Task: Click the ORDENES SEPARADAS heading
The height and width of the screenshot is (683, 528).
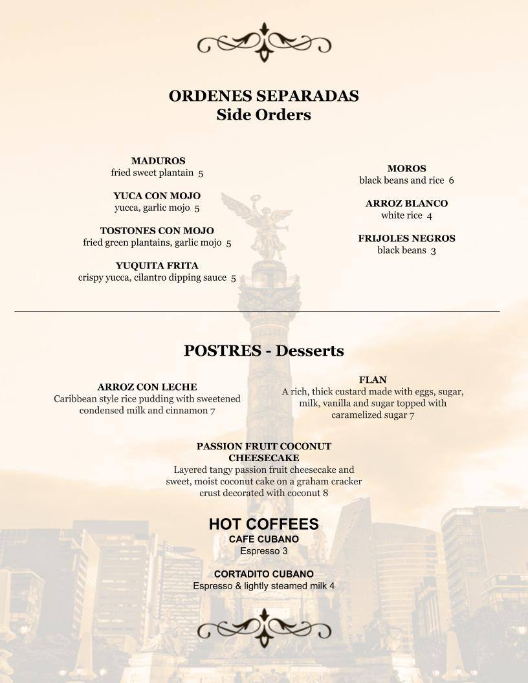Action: pos(263,96)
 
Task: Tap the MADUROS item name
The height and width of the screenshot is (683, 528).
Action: pos(158,161)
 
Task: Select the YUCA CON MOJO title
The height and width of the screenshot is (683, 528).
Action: pos(157,196)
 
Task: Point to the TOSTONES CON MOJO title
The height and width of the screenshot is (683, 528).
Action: pos(157,231)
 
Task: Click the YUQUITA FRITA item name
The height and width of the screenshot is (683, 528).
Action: pos(157,266)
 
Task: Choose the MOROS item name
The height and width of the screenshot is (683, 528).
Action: pos(406,169)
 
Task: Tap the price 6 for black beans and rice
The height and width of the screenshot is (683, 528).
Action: pos(451,180)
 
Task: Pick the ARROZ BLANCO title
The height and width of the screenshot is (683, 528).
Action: pos(406,204)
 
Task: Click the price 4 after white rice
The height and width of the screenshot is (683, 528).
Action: pos(430,215)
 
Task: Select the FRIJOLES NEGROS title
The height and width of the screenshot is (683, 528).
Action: pos(406,239)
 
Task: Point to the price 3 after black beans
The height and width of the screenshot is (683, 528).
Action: pos(433,250)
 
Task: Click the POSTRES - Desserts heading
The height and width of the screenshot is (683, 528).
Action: pos(263,351)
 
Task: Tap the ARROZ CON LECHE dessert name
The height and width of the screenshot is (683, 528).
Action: pos(147,387)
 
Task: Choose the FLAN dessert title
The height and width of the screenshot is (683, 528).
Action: pos(373,380)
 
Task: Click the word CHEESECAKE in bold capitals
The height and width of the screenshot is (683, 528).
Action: pos(263,458)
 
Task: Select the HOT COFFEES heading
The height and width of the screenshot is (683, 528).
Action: pos(263,524)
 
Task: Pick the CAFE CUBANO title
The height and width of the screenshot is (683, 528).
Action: pos(263,539)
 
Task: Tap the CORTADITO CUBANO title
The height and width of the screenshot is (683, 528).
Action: pos(263,574)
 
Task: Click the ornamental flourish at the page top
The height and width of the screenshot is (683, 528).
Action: pos(264,43)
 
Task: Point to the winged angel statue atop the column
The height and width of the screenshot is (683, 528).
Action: pos(259,220)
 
